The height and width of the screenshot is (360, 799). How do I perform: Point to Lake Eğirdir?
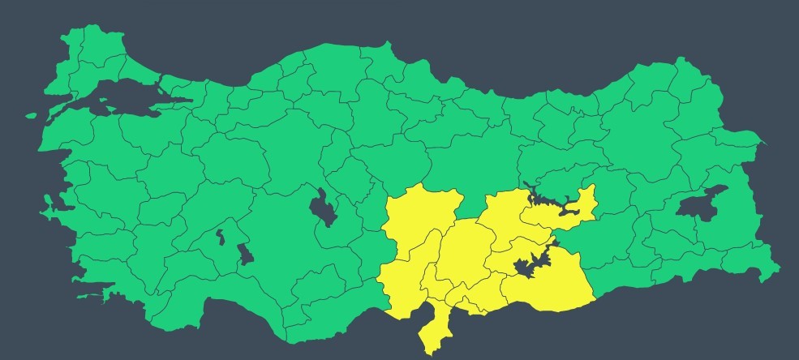pyautogui.click(x=220, y=238)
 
